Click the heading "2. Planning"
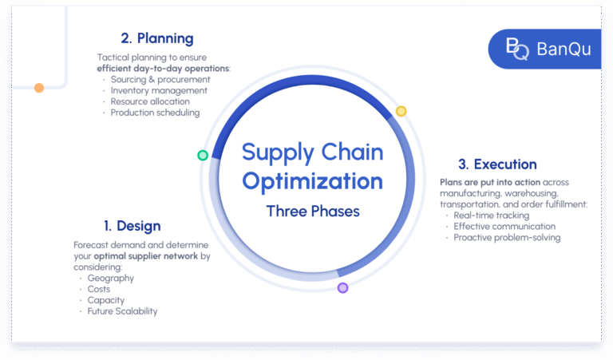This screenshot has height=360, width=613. pos(157,38)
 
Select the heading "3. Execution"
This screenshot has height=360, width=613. pos(497,164)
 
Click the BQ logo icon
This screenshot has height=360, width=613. pos(517,49)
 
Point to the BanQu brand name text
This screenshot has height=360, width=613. pos(564,49)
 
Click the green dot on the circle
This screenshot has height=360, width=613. pos(203,155)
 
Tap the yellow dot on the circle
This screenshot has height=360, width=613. pos(401,111)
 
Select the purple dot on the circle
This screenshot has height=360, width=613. pos(342,287)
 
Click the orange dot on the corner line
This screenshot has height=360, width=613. pos(38,88)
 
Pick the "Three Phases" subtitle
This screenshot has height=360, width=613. pos(313,212)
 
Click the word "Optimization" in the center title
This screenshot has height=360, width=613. pos(313,180)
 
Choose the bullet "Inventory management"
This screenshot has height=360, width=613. pos(159,91)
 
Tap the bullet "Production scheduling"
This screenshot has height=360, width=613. pos(155,113)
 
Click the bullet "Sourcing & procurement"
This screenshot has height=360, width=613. pos(160,80)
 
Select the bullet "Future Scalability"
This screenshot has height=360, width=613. pos(122,311)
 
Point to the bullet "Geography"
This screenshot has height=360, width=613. pos(111,279)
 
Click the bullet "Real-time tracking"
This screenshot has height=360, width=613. pos(491,216)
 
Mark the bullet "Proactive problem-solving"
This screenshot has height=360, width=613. pos(507,237)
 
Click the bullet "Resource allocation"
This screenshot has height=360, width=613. pos(150,102)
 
